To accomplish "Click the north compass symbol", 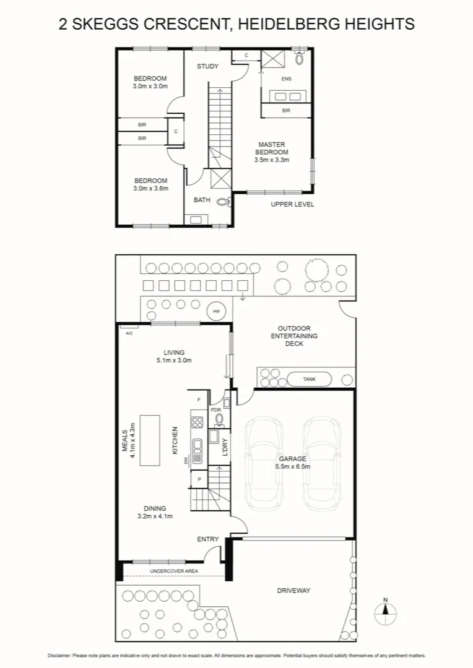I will coord(385,614).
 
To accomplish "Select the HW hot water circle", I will coord(216,311).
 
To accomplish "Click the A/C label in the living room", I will coord(129,333).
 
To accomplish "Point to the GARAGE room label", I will coord(292,459).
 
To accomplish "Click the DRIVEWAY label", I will coord(293,591).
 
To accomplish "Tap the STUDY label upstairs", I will coord(207,66).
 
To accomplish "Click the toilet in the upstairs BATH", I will coord(224,201).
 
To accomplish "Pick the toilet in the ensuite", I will coord(300,59).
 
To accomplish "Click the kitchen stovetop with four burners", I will coord(197,423).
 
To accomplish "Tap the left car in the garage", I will coord(265,460).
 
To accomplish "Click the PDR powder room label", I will coord(216,409).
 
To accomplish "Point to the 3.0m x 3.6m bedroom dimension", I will coord(150,188).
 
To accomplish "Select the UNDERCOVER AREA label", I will coord(173,570).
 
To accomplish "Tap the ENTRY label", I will coord(207,539).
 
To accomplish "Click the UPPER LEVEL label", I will coord(292,204).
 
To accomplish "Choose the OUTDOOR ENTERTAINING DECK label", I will coord(295,336).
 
